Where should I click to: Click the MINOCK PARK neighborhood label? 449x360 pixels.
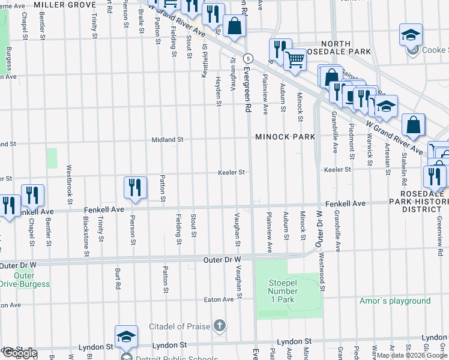click(285, 137)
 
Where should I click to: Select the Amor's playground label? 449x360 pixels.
click(395, 301)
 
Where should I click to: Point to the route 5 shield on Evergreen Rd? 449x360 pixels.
click(247, 58)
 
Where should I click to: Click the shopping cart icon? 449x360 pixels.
click(295, 60)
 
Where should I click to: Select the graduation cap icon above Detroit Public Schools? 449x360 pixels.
click(127, 336)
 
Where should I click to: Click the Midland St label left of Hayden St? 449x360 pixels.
click(167, 139)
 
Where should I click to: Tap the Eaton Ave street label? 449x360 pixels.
click(218, 299)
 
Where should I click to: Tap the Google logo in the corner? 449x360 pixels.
click(19, 353)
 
